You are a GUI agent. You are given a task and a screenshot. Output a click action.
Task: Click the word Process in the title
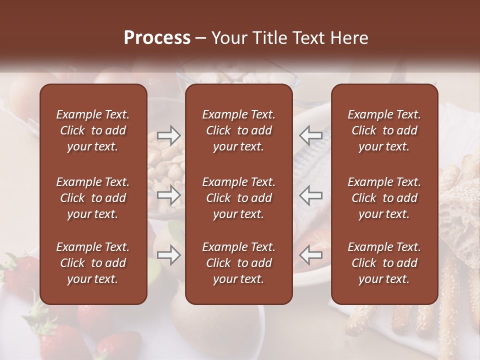click(x=157, y=38)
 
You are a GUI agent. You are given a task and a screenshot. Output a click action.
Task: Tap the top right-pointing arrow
click(x=168, y=135)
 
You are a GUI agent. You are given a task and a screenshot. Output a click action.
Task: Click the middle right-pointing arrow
click(x=168, y=195)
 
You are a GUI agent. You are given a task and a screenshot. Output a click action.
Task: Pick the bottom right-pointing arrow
click(x=168, y=255)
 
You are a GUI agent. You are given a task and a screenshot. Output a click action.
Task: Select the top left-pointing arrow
click(x=310, y=135)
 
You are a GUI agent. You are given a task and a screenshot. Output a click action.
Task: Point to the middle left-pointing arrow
click(x=310, y=195)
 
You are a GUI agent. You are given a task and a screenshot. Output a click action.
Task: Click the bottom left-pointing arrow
click(x=310, y=255)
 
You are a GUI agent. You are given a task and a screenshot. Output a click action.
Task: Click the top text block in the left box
click(x=93, y=130)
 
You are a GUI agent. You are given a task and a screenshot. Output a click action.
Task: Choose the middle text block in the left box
click(x=93, y=198)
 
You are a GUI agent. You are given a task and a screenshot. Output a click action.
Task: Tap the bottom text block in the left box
click(x=93, y=263)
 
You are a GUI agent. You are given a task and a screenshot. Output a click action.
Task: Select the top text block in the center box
click(x=238, y=130)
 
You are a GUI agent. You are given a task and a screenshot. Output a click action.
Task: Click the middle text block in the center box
click(x=238, y=198)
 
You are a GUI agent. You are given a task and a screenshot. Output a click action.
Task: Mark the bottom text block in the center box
click(x=238, y=263)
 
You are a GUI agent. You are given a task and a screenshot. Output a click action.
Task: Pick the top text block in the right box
click(x=384, y=130)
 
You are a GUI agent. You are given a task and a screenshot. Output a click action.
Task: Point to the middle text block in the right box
click(x=384, y=198)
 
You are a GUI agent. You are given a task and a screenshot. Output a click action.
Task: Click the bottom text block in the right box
click(x=384, y=263)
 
